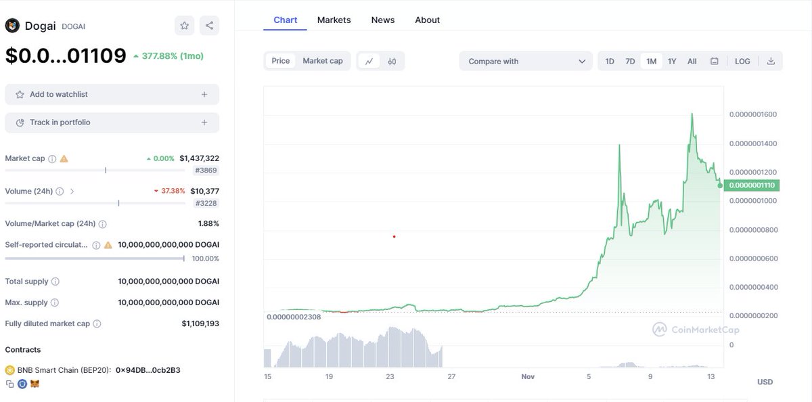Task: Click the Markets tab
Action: pyautogui.click(x=334, y=20)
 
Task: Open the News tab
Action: pyautogui.click(x=382, y=20)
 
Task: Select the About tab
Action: pyautogui.click(x=427, y=20)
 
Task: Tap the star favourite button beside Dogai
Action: pyautogui.click(x=184, y=26)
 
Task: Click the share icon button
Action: pyautogui.click(x=209, y=26)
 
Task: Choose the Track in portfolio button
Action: pyautogui.click(x=112, y=122)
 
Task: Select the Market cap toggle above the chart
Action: pyautogui.click(x=322, y=61)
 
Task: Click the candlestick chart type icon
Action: pyautogui.click(x=392, y=62)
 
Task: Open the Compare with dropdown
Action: pyautogui.click(x=526, y=62)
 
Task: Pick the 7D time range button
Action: pyautogui.click(x=630, y=62)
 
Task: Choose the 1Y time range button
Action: pyautogui.click(x=672, y=62)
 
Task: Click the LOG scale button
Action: pyautogui.click(x=742, y=62)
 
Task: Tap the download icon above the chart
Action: pyautogui.click(x=771, y=62)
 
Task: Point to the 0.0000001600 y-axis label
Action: pyautogui.click(x=752, y=114)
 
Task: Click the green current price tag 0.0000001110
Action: pyautogui.click(x=752, y=185)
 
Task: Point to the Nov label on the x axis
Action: pyautogui.click(x=528, y=376)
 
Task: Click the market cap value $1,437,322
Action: pyautogui.click(x=199, y=158)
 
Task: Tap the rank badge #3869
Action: pyautogui.click(x=206, y=171)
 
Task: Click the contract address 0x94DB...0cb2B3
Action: pyautogui.click(x=148, y=370)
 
